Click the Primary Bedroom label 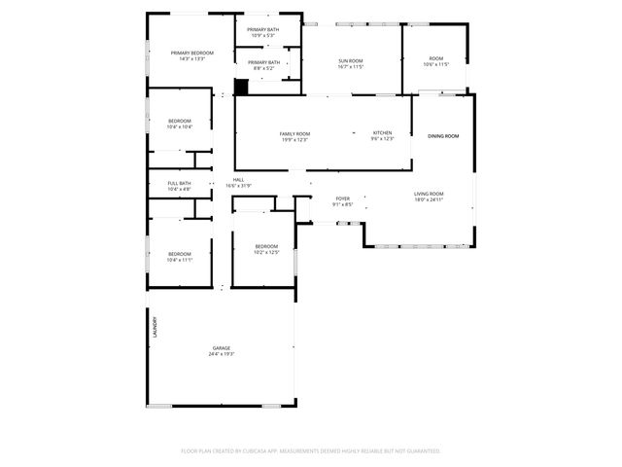click(191, 53)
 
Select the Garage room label click(222, 347)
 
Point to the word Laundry click(154, 328)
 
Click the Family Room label click(294, 133)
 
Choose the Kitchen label click(383, 133)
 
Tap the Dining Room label click(442, 136)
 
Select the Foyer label click(343, 198)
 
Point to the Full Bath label click(179, 183)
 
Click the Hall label click(238, 180)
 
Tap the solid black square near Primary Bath click(242, 87)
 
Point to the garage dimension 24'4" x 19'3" click(222, 354)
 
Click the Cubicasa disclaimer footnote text click(311, 450)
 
